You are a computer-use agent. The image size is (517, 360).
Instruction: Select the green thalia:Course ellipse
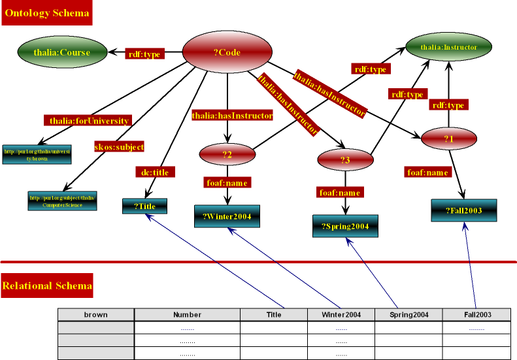point(61,52)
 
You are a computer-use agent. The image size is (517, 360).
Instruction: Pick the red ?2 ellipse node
point(227,154)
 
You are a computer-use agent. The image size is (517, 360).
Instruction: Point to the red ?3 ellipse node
point(345,160)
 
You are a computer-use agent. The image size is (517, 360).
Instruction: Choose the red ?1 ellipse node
point(448,139)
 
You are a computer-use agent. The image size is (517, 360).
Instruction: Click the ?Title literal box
point(144,206)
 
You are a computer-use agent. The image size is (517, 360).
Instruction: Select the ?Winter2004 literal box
point(227,216)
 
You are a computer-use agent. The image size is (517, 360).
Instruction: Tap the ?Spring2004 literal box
point(345,226)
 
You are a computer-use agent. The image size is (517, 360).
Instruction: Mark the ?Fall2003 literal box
point(464,210)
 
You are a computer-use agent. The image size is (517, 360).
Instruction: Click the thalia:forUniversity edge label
point(90,120)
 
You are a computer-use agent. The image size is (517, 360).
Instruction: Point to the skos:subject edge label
point(119,146)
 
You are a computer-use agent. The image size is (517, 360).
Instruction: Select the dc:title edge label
point(155,172)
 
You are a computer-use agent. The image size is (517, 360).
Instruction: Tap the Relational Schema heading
point(47,286)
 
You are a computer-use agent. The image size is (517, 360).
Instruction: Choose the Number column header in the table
point(187,314)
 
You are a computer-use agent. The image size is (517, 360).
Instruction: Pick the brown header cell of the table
point(96,314)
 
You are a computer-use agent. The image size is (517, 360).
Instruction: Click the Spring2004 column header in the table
point(409,314)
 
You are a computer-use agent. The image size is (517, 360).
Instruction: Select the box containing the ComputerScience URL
point(63,201)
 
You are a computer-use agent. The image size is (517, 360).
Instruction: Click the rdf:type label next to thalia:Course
point(144,54)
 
